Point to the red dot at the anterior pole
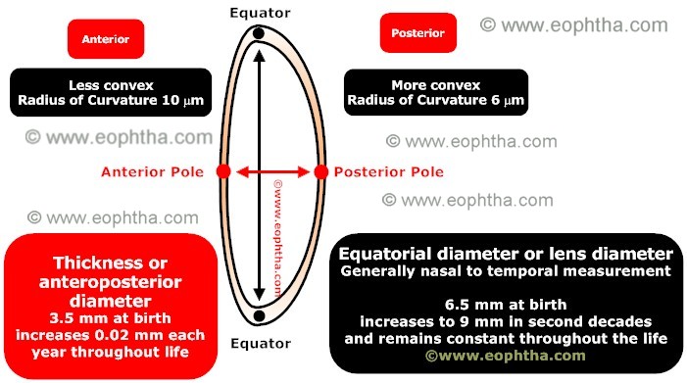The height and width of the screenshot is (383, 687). point(223,171)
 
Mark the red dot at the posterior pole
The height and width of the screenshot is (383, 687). point(319,172)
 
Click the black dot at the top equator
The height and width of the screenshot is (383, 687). point(258,34)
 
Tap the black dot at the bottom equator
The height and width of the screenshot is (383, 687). point(258,315)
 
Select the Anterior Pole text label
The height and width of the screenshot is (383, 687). point(152,172)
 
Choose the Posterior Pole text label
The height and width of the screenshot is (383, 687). point(389,172)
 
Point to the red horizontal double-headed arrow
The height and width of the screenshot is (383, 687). point(270,172)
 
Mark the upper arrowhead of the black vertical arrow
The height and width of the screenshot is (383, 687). point(258,56)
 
